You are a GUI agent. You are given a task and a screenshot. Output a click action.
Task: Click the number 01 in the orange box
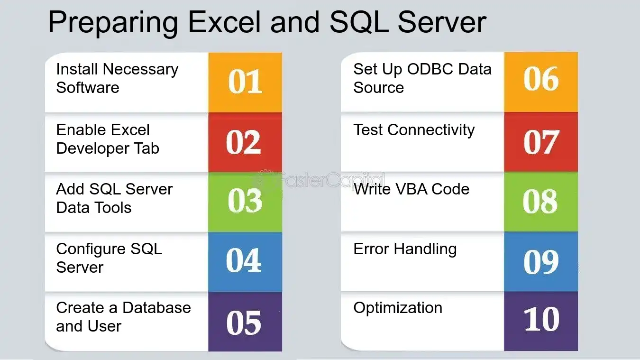245,82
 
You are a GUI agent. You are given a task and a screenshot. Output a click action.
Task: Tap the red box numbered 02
245,142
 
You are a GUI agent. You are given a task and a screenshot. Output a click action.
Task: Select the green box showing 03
245,202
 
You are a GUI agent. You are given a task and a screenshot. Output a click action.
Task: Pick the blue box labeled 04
245,262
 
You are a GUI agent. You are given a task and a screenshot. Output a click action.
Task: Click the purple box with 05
245,322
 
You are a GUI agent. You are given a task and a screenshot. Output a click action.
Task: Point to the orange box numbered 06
541,82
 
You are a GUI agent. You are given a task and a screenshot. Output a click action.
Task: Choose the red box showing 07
541,142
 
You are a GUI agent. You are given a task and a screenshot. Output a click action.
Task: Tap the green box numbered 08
541,202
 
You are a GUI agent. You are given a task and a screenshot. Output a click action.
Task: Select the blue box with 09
541,261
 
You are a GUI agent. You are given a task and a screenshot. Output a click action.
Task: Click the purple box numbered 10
541,321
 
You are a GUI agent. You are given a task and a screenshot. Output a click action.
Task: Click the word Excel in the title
224,22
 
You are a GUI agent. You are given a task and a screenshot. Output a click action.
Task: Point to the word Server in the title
442,22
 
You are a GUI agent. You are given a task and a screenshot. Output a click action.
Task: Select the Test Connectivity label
414,130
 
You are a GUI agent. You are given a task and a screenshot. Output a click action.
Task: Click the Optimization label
398,308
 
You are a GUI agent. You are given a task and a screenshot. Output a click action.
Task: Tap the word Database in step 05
156,308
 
